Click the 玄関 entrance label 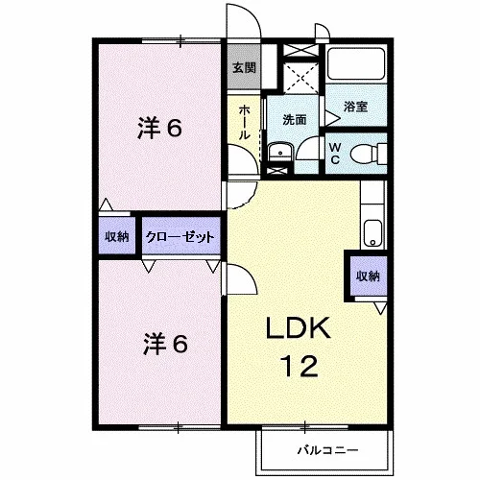[244, 67]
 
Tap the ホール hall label [244, 122]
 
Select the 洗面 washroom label [295, 119]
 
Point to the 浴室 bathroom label [355, 107]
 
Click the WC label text [335, 154]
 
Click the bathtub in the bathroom [356, 63]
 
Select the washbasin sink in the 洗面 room [280, 152]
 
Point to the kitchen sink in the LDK [372, 232]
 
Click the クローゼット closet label [180, 237]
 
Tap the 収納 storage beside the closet [117, 236]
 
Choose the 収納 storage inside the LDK [368, 276]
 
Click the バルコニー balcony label [327, 450]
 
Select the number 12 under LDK [300, 366]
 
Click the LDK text [299, 327]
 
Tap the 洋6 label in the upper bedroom [159, 128]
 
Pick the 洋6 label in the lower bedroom [165, 344]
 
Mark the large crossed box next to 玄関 [301, 79]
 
